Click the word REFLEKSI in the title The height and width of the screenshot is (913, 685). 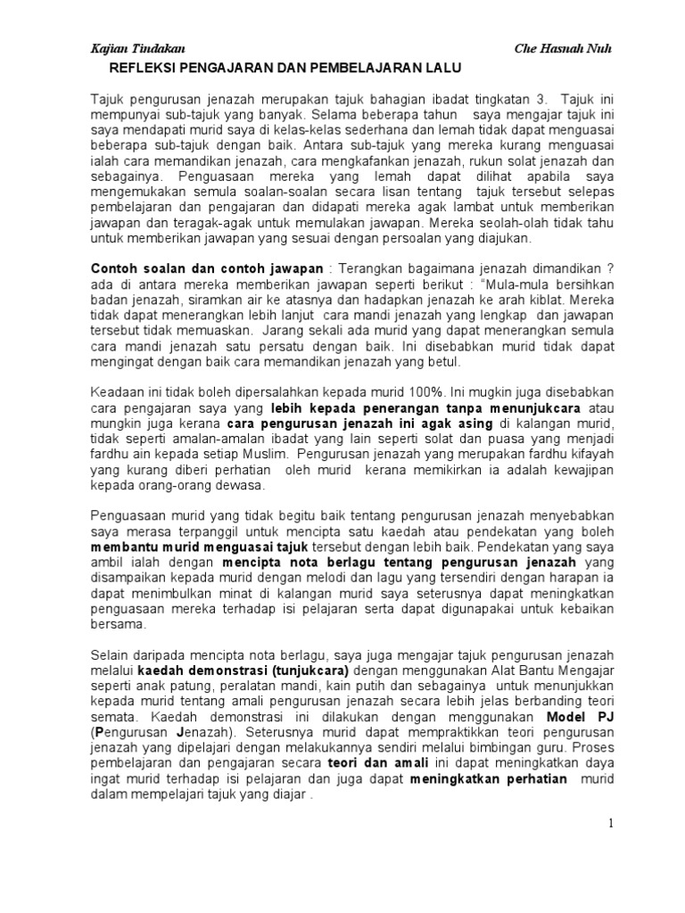144,68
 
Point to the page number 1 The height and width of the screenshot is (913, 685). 611,823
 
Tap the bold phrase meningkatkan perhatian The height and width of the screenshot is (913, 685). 488,780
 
